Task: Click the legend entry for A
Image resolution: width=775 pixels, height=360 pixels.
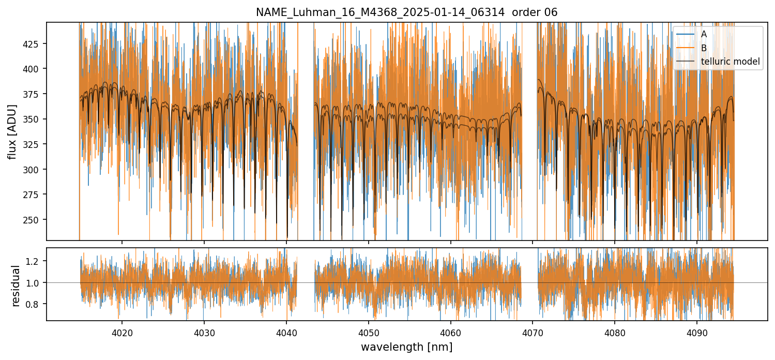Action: click(x=704, y=34)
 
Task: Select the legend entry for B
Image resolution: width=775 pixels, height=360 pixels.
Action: click(x=704, y=48)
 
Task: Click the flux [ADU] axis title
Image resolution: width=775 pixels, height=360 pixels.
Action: click(x=12, y=131)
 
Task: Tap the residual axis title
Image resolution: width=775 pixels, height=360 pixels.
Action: click(x=16, y=286)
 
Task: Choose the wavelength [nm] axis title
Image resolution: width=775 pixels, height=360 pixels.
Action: click(x=406, y=347)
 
